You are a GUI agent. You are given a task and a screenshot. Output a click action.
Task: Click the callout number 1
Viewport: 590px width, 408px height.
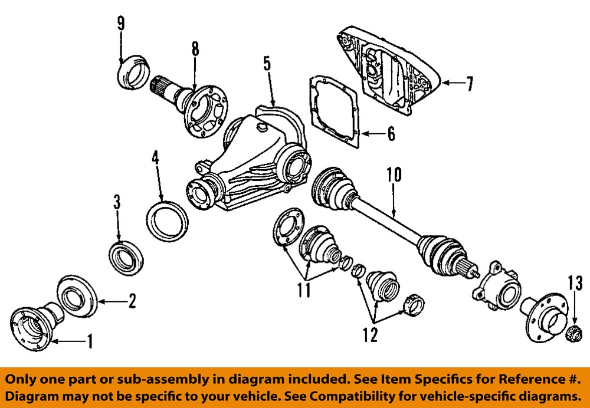click(90, 341)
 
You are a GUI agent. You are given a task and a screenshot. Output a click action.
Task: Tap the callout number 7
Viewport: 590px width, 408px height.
click(469, 84)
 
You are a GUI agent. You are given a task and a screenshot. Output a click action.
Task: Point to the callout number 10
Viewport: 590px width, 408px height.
click(394, 175)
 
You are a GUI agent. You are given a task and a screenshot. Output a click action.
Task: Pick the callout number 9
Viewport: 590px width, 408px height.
click(120, 24)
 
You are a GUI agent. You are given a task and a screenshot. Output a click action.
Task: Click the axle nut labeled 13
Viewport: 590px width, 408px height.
click(572, 334)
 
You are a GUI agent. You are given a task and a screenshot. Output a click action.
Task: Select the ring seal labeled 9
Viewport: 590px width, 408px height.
click(133, 72)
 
